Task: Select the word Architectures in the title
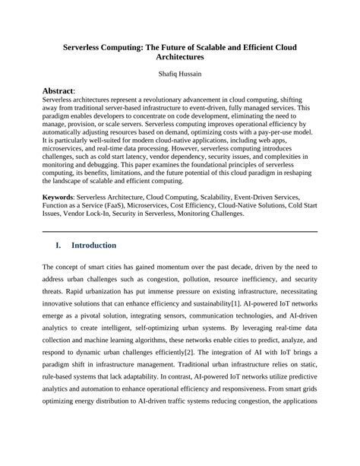coord(180,57)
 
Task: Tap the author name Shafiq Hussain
coord(180,74)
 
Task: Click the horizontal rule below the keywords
coord(180,231)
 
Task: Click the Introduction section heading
coord(93,246)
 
